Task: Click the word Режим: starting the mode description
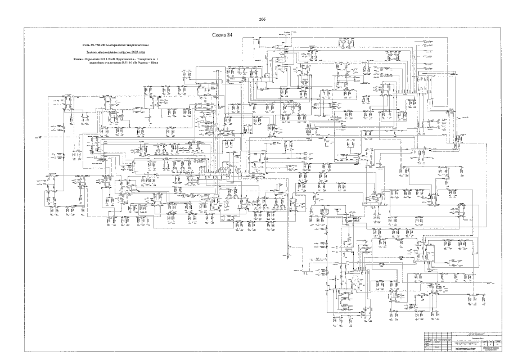(78, 58)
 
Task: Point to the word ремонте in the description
(93, 58)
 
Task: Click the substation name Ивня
(158, 62)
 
